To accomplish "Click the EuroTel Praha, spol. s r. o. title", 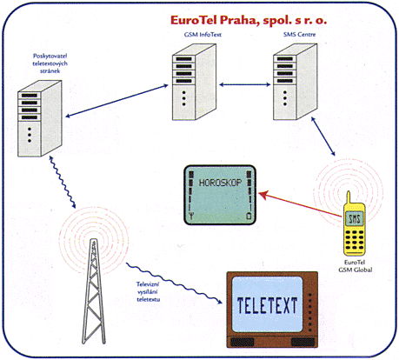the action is pyautogui.click(x=249, y=20).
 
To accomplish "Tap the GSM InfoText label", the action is pyautogui.click(x=203, y=35).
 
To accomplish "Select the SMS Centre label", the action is pyautogui.click(x=299, y=34).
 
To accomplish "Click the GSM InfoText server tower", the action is pyautogui.click(x=194, y=82).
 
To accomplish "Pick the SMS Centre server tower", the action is pyautogui.click(x=296, y=82).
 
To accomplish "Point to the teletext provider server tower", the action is pyautogui.click(x=40, y=118).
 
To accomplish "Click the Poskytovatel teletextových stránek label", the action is pyautogui.click(x=50, y=63).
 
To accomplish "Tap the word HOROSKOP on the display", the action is pyautogui.click(x=220, y=183).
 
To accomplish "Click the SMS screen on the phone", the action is pyautogui.click(x=355, y=218).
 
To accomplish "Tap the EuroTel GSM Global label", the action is pyautogui.click(x=356, y=266).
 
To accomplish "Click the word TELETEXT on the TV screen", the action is pyautogui.click(x=267, y=305).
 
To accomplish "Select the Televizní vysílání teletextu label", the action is pyautogui.click(x=148, y=291).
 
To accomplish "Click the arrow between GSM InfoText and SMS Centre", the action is pyautogui.click(x=245, y=84).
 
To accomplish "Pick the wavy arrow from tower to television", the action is pyautogui.click(x=174, y=283).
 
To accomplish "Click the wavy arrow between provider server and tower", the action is pyautogui.click(x=63, y=183).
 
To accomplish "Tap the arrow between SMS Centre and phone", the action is pyautogui.click(x=323, y=137).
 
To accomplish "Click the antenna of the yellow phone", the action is pyautogui.click(x=349, y=198).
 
